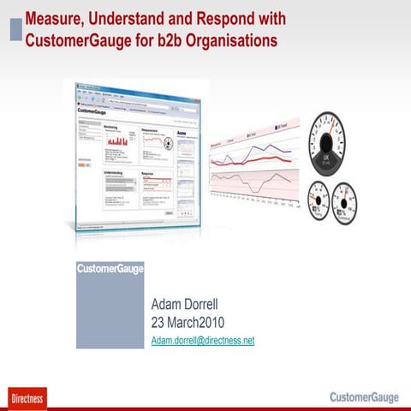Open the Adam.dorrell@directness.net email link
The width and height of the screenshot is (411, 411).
[x=202, y=340]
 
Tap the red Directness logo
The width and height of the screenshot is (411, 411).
[x=27, y=397]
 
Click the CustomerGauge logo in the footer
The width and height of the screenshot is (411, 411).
[x=363, y=396]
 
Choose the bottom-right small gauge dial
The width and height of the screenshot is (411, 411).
[x=346, y=205]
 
